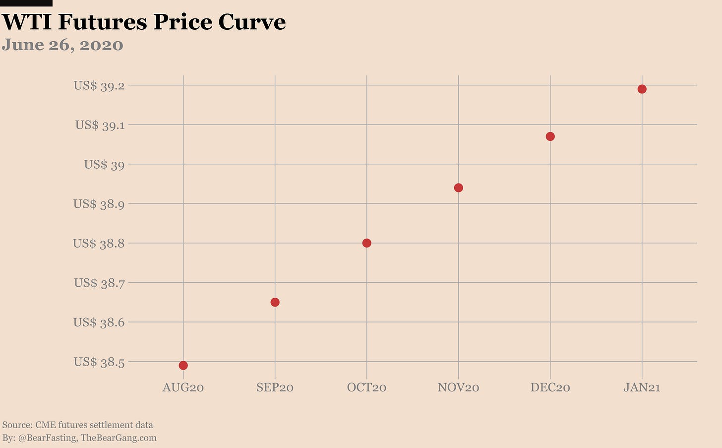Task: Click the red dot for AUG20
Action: (183, 366)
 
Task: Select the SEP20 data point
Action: (275, 302)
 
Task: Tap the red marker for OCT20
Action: (366, 243)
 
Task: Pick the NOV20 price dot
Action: (458, 188)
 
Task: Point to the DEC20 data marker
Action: (550, 136)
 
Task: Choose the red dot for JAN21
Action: (642, 89)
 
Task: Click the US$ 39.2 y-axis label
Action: (99, 86)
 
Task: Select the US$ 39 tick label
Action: (104, 165)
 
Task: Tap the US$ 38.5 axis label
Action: (99, 362)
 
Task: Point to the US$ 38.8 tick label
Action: (99, 244)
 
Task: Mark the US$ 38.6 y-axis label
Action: (99, 322)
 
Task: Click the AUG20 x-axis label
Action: (183, 387)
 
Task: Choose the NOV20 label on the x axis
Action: (458, 387)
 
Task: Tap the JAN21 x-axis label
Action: (642, 387)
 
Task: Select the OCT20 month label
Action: (366, 387)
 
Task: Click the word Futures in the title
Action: (102, 22)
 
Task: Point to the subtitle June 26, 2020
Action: (62, 45)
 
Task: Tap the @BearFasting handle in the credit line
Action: (47, 438)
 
